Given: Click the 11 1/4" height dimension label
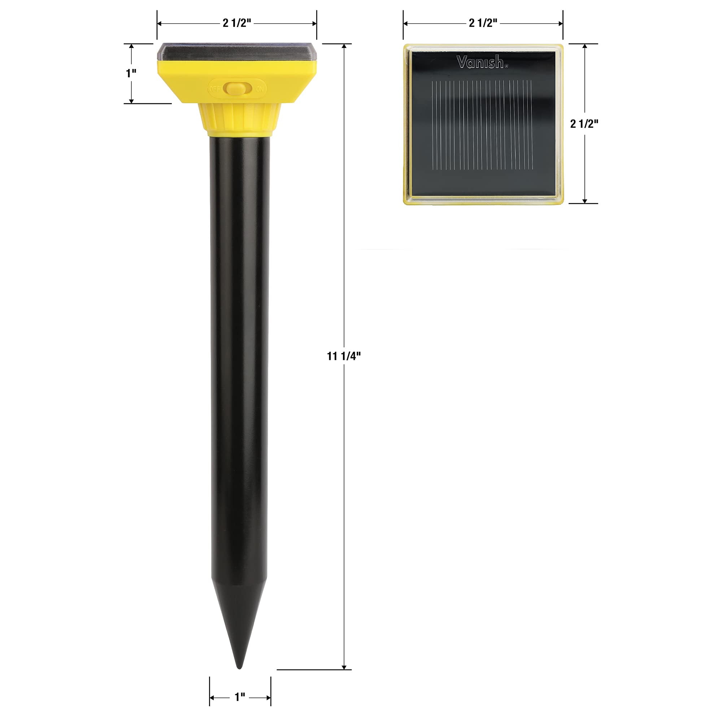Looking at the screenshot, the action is pos(344,356).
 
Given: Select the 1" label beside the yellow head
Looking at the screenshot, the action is pos(131,73).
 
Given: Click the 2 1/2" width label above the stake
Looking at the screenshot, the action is pos(237,23).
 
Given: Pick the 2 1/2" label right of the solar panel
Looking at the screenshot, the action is pos(584,124).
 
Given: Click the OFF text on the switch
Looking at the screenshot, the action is pos(215,89).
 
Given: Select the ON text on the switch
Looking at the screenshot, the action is pos(260,89).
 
